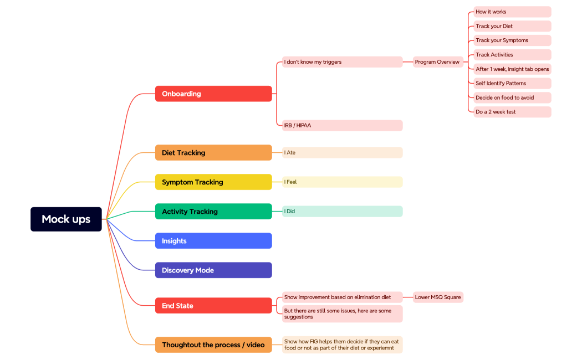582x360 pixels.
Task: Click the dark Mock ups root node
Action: [66, 219]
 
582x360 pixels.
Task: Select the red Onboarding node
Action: [213, 94]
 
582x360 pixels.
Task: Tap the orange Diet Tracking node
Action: [213, 153]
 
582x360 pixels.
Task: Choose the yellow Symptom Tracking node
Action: [213, 182]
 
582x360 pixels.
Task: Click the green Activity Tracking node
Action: [213, 212]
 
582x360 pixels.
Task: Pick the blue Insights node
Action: [213, 241]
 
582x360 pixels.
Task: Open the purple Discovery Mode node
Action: [213, 270]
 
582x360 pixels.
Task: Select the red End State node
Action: [213, 306]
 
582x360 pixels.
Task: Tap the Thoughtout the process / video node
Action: [213, 345]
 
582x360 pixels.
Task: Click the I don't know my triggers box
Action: [342, 62]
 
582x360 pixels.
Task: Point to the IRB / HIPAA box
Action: [342, 126]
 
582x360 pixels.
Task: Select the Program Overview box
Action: [437, 62]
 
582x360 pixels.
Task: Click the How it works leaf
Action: [512, 12]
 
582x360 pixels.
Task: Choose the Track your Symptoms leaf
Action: [512, 40]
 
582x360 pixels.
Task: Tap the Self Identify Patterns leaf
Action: [512, 83]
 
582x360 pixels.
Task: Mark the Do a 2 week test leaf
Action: [512, 112]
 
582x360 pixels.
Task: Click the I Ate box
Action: [342, 153]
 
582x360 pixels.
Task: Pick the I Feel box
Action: [342, 182]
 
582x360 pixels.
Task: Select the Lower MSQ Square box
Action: [437, 297]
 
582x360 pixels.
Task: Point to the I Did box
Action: [342, 212]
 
